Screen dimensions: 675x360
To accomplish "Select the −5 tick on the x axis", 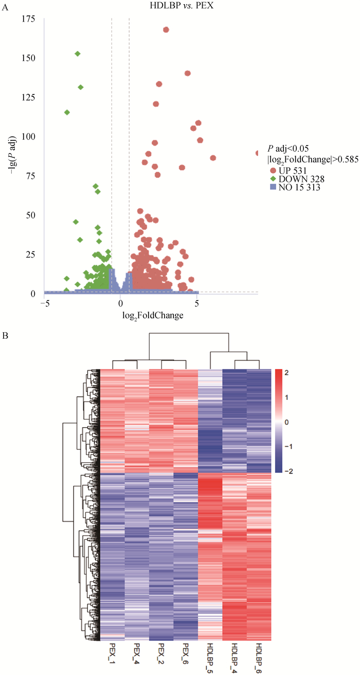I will pos(45,303).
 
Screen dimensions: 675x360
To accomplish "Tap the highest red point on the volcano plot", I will pos(166,30).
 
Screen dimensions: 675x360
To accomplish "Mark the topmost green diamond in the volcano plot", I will pos(78,53).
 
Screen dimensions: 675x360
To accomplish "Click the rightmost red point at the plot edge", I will pos(257,153).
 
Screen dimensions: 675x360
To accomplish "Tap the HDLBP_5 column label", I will pos(210,657).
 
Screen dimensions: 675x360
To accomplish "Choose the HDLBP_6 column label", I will pos(259,657).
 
